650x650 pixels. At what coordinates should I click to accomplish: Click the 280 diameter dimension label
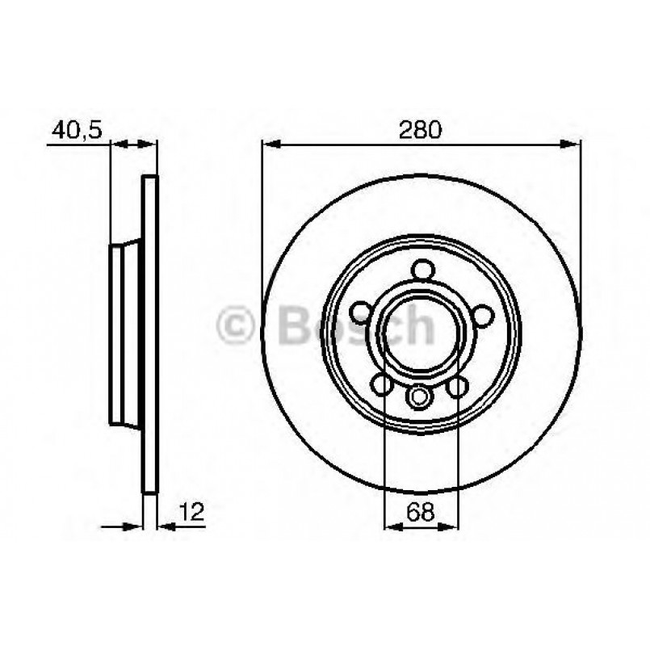coord(421,128)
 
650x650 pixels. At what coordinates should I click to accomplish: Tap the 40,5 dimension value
coord(78,128)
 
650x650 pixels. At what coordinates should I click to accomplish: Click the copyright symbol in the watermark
coord(236,326)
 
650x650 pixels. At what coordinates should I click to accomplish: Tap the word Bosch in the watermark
coord(355,326)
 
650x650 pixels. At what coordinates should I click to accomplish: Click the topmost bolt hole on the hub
coord(421,270)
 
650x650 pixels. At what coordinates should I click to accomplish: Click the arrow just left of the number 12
coord(165,526)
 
